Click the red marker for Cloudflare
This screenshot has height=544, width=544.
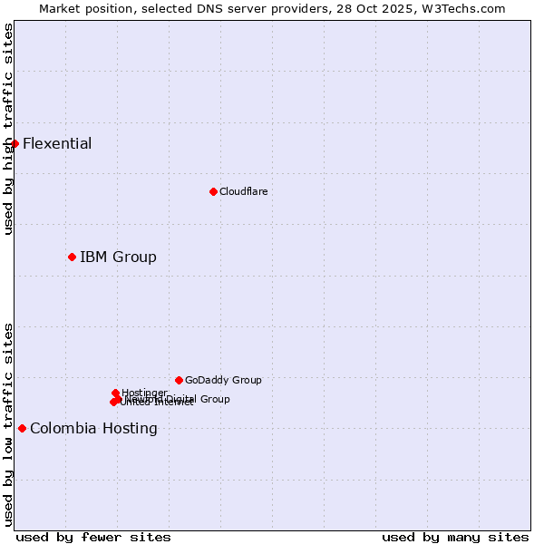pos(213,191)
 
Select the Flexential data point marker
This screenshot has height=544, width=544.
pos(15,143)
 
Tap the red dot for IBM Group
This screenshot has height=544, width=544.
pos(72,257)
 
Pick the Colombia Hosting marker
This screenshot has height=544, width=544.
pos(22,428)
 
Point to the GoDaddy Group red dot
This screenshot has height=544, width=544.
pos(179,380)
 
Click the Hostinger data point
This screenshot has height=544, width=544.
pos(115,393)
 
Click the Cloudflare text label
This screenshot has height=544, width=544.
pos(243,191)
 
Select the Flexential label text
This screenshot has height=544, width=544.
pos(57,143)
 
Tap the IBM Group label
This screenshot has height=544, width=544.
pos(118,257)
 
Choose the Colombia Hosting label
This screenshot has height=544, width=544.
pos(93,428)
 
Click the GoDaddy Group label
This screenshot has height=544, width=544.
pos(223,380)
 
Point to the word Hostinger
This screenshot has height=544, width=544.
pos(144,393)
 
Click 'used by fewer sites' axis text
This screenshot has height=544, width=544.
pos(93,537)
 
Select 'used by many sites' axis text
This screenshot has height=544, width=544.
pos(455,537)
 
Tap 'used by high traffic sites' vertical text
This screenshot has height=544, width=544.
pos(8,129)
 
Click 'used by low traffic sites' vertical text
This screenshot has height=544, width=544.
pos(8,424)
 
